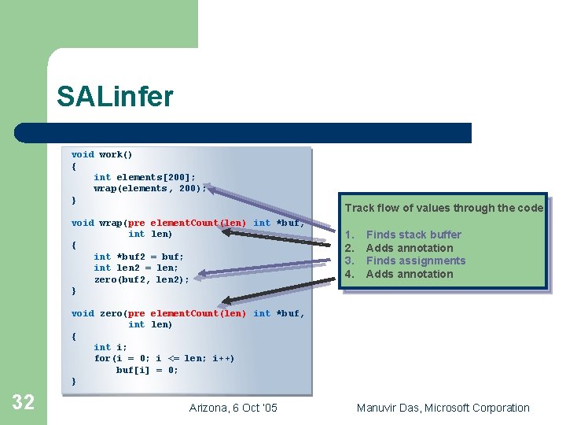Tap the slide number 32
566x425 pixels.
click(x=24, y=402)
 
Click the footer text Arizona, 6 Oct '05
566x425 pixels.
click(x=233, y=408)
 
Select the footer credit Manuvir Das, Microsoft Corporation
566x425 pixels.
click(x=443, y=408)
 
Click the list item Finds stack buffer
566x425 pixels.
click(x=413, y=235)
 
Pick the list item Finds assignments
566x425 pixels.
click(x=416, y=261)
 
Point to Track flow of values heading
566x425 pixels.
click(x=443, y=208)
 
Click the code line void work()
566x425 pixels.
click(x=102, y=155)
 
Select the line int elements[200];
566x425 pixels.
click(x=145, y=177)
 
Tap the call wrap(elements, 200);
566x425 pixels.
click(x=149, y=189)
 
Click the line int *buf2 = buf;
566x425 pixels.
click(x=138, y=257)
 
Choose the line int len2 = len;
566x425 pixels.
click(x=136, y=268)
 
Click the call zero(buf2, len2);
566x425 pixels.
click(x=141, y=279)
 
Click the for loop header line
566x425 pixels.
click(x=164, y=358)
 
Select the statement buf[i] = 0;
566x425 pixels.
click(x=147, y=370)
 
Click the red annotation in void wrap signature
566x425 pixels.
click(x=187, y=223)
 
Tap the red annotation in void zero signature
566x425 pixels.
click(x=187, y=313)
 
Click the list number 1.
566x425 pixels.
click(x=351, y=235)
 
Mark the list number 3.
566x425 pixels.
click(x=351, y=261)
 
